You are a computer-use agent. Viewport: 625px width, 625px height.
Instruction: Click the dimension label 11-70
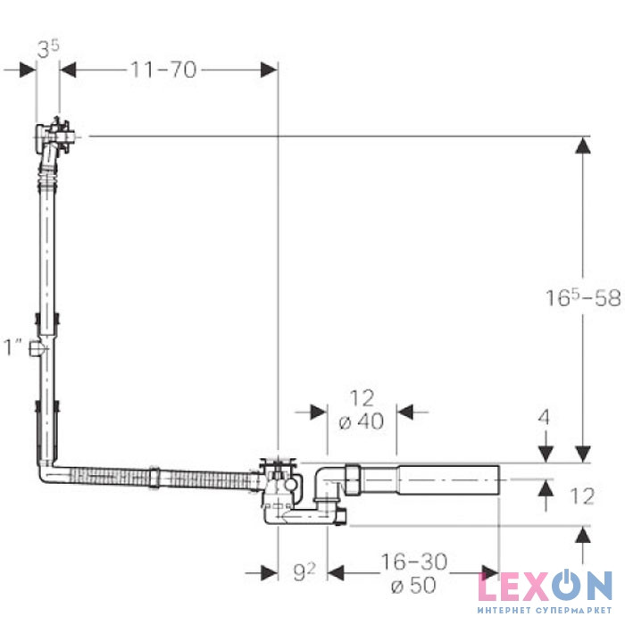[163, 70]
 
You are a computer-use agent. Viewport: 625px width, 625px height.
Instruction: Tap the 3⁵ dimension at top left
[48, 49]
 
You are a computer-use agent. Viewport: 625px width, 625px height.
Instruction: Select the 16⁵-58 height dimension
[583, 297]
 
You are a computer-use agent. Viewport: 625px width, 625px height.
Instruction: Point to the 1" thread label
[12, 346]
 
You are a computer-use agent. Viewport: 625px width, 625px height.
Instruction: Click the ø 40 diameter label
[361, 421]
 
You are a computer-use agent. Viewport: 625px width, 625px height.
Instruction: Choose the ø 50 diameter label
[413, 586]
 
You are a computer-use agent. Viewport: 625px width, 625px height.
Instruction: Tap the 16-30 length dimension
[414, 562]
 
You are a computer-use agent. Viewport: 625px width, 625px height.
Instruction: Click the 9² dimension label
[304, 572]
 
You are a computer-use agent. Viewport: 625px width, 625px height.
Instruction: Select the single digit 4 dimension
[544, 417]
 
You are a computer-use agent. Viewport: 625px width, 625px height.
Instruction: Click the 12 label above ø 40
[362, 398]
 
